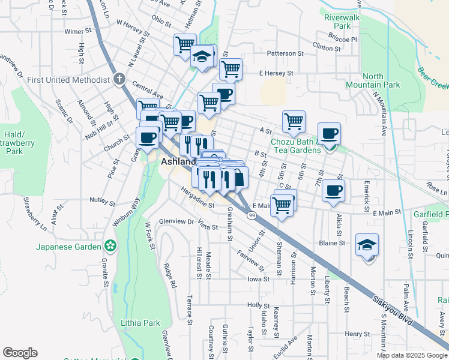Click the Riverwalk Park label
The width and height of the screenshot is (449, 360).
[x=337, y=22]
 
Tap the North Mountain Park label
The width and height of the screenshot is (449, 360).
[x=381, y=80]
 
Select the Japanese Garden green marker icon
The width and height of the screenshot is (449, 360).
[x=110, y=245]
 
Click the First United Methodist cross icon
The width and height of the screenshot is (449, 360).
[x=119, y=79]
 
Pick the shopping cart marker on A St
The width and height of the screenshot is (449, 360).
[x=294, y=121]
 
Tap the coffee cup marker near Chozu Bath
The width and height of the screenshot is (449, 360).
[x=329, y=133]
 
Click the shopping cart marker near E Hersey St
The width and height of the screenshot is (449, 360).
[x=231, y=69]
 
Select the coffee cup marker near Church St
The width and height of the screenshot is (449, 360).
[x=148, y=137]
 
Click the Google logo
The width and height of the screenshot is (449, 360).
[x=20, y=353]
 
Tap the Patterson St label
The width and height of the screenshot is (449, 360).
[x=285, y=53]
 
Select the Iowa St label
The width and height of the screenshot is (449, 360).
[x=256, y=279]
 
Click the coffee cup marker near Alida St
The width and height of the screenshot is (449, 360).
[x=334, y=191]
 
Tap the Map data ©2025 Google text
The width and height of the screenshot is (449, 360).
[x=412, y=355]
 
